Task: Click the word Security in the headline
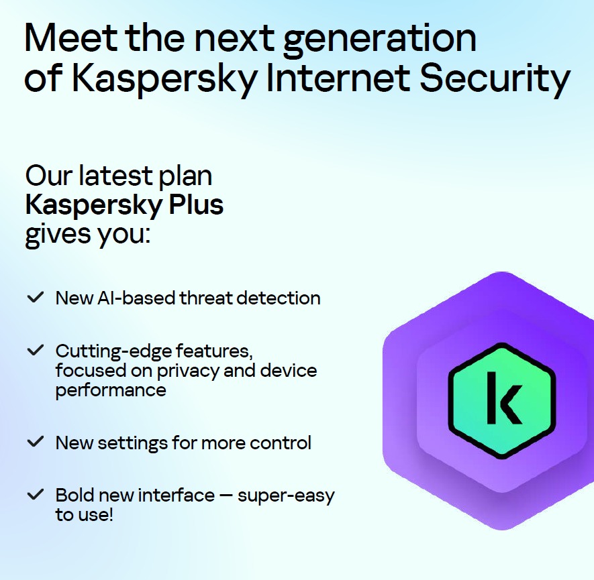pyautogui.click(x=495, y=81)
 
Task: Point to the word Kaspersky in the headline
pyautogui.click(x=164, y=81)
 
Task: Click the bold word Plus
pyautogui.click(x=196, y=205)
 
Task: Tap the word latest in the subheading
pyautogui.click(x=115, y=176)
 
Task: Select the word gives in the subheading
pyautogui.click(x=58, y=235)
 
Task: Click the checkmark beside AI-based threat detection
pyautogui.click(x=36, y=297)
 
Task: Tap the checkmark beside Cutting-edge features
pyautogui.click(x=36, y=350)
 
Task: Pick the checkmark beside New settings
pyautogui.click(x=36, y=441)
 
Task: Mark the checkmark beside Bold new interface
pyautogui.click(x=36, y=494)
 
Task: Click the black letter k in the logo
pyautogui.click(x=503, y=398)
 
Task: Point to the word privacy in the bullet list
pyautogui.click(x=188, y=371)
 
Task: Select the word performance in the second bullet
pyautogui.click(x=111, y=391)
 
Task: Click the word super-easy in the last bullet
pyautogui.click(x=286, y=496)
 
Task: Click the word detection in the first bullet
pyautogui.click(x=279, y=298)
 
